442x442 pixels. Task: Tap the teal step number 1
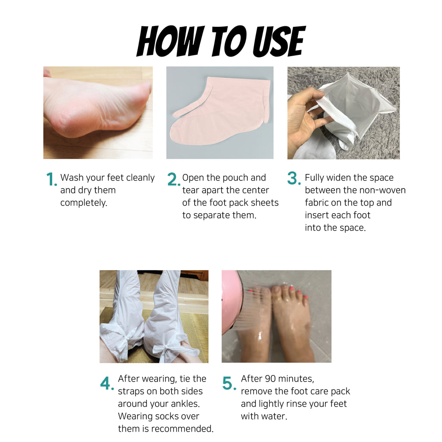(x=51, y=179)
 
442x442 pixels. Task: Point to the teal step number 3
(x=294, y=179)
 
